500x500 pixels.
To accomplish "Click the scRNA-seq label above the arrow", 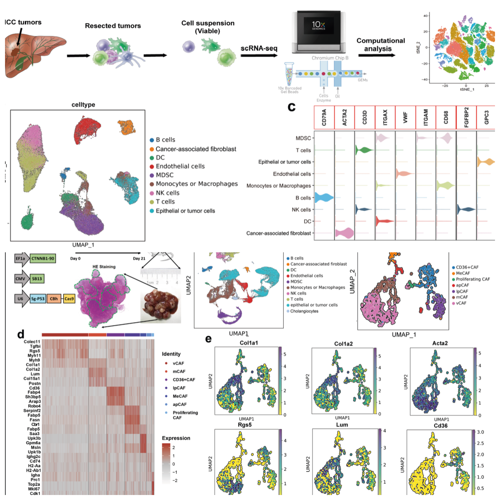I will [259, 48].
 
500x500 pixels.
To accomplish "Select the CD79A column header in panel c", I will [324, 117].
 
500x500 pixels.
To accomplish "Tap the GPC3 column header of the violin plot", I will [487, 117].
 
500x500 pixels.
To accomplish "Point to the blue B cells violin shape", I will [324, 197].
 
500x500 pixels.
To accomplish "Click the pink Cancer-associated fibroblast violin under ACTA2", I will [345, 233].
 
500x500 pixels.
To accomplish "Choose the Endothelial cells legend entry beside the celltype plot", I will [180, 166].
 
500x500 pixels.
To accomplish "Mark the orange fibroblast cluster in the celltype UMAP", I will [127, 127].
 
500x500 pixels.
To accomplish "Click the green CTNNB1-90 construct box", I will [42, 259].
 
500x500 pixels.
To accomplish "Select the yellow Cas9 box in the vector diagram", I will [69, 299].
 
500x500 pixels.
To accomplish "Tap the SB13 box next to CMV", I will [37, 278].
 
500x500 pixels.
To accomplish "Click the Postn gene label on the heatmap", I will [35, 383].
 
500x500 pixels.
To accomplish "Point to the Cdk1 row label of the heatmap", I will [35, 493].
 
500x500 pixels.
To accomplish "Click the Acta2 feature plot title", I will [440, 343].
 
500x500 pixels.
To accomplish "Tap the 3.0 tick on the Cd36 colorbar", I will [480, 432].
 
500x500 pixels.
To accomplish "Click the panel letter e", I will [208, 339].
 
